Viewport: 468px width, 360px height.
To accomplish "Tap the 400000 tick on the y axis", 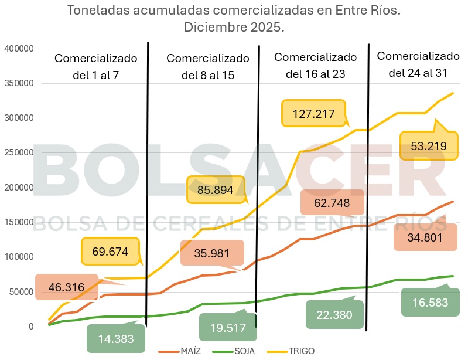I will pos(19,49).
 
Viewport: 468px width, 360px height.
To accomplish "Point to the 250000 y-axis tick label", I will pos(19,153).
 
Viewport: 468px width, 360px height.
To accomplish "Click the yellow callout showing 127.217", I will pos(313,113).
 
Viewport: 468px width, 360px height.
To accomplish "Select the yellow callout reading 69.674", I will pos(110,252).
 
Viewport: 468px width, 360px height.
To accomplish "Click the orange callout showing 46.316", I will pos(67,287).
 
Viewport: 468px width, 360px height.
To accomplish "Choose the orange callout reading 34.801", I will pos(425,237).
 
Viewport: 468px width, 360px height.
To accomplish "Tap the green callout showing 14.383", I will pos(116,338).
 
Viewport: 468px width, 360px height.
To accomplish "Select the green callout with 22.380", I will pos(334,315).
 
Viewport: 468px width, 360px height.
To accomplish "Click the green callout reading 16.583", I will pos(430,303).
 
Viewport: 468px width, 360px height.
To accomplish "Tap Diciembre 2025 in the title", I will pos(234,28).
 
